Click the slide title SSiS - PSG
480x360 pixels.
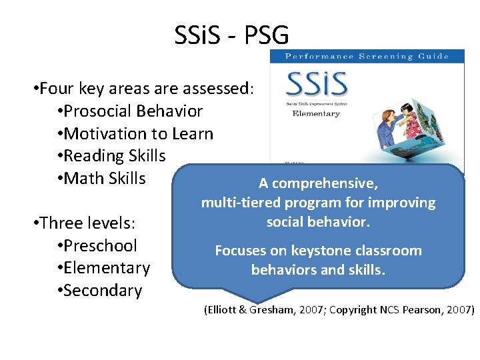pyautogui.click(x=231, y=34)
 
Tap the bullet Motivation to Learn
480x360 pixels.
pyautogui.click(x=135, y=133)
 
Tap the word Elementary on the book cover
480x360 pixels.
pyautogui.click(x=316, y=113)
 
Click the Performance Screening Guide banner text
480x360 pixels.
pyautogui.click(x=367, y=57)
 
